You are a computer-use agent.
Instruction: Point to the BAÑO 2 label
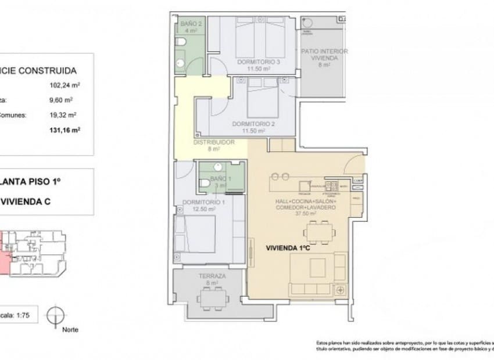191,24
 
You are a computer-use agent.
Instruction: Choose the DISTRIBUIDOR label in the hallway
213,142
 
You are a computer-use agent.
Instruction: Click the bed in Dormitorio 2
262,99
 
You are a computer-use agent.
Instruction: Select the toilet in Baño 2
181,42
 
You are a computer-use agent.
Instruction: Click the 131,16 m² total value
65,130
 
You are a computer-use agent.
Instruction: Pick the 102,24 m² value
65,85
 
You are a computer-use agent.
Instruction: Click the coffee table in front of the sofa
318,268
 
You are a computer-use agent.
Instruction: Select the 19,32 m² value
65,115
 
